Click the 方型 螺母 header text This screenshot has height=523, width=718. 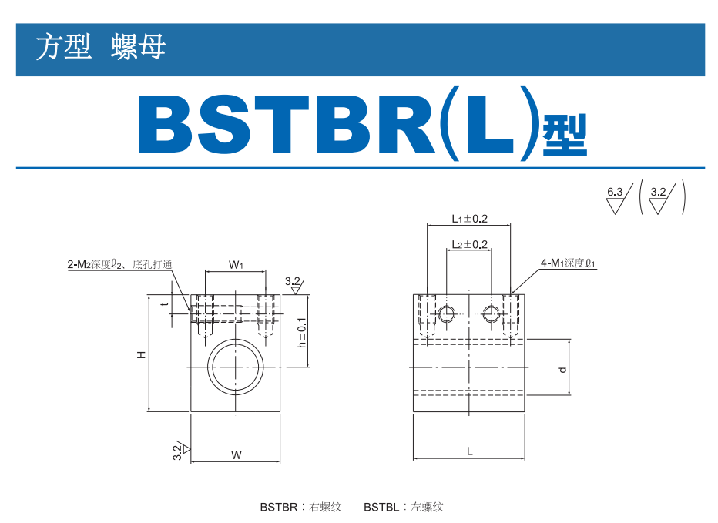click(100, 46)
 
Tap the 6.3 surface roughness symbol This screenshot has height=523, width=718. click(619, 199)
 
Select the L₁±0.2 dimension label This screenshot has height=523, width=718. click(469, 219)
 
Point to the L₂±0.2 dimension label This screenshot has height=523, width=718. click(469, 244)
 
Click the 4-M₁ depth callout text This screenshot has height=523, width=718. click(568, 263)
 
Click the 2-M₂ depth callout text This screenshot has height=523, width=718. click(119, 264)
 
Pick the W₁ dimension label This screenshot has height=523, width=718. click(236, 265)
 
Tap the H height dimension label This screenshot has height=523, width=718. click(142, 354)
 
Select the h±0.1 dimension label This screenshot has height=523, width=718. click(302, 333)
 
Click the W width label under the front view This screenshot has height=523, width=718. click(237, 454)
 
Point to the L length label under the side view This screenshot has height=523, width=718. click(470, 451)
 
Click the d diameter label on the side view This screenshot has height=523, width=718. click(563, 370)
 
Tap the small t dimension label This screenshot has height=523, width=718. click(166, 303)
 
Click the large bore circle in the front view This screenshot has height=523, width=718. click(236, 367)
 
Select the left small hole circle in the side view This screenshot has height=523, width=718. click(446, 313)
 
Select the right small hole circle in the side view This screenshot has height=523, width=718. click(491, 313)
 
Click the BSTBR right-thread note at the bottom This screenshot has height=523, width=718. click(301, 507)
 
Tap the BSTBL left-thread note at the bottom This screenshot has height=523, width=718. click(404, 507)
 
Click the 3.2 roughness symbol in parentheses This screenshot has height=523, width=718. click(662, 199)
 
